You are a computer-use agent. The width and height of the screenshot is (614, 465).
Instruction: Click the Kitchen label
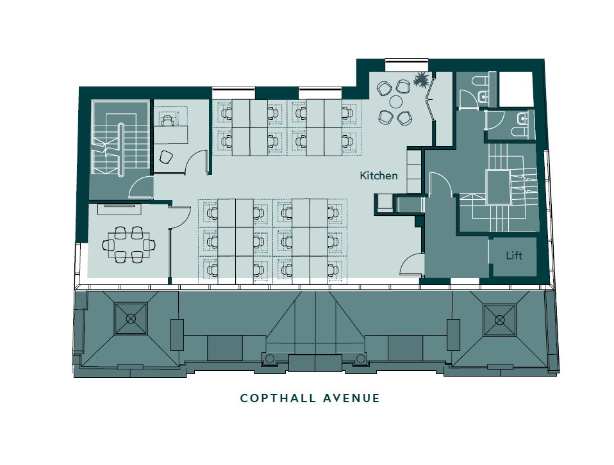[x=379, y=175]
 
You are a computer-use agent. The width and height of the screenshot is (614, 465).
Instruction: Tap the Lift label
[x=514, y=256]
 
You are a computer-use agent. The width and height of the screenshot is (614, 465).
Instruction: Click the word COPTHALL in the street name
[x=278, y=398]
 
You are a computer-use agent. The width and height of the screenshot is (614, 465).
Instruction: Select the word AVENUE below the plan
[x=352, y=398]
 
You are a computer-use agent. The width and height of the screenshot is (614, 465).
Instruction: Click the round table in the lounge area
[x=396, y=102]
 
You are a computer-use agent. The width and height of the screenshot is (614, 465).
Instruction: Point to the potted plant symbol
[x=421, y=80]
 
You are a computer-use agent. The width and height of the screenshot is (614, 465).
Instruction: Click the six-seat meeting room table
[x=129, y=245]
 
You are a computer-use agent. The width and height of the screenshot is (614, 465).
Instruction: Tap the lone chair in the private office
[x=166, y=157]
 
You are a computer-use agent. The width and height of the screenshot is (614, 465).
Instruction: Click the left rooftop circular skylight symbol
[x=131, y=318]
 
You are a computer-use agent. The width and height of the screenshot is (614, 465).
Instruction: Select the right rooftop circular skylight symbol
[x=500, y=320]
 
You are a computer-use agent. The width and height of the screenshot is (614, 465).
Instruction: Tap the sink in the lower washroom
[x=522, y=117]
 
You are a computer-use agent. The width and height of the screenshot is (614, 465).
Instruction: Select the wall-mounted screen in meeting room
[x=119, y=209]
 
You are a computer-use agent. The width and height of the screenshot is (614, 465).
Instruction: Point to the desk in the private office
[x=170, y=134]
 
